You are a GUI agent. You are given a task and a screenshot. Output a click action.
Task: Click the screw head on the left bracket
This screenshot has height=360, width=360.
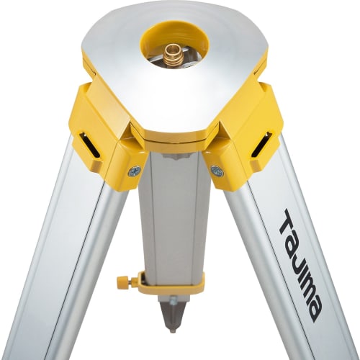coord(134,171)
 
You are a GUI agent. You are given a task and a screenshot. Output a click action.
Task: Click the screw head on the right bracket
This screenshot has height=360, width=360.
coord(217,171)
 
